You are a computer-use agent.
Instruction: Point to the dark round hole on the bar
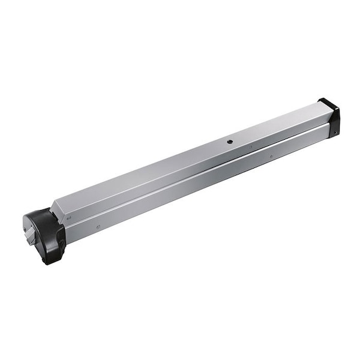pyautogui.click(x=229, y=142)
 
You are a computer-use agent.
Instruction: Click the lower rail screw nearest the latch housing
pyautogui.click(x=98, y=226)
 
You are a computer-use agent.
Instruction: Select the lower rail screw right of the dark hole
pyautogui.click(x=271, y=157)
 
